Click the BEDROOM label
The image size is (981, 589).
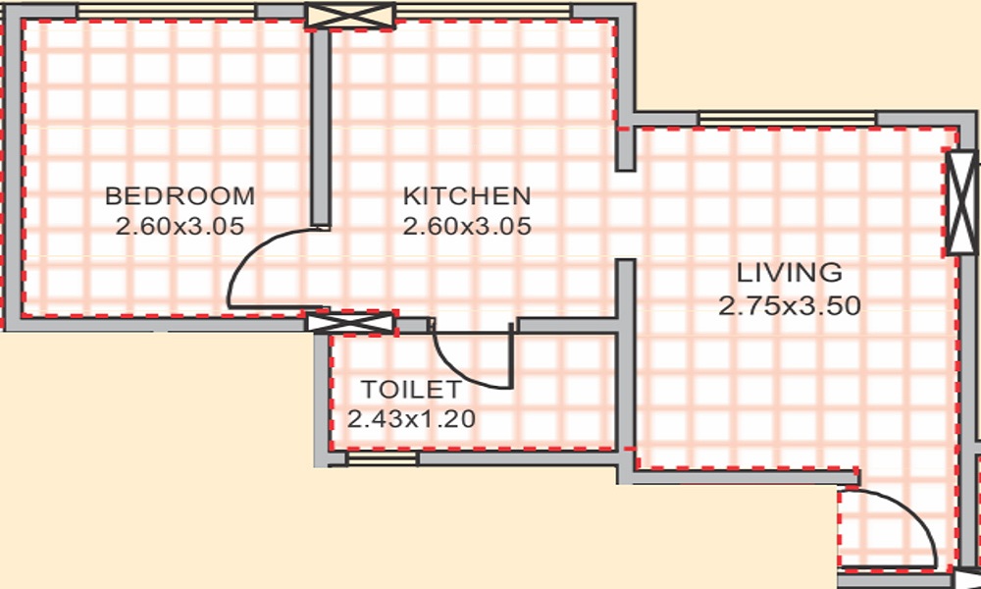[180, 194]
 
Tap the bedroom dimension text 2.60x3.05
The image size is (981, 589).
[180, 227]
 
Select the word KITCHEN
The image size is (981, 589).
[467, 194]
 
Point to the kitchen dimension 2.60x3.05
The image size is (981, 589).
[467, 227]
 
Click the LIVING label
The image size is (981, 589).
[790, 272]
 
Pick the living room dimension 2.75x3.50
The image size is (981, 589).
[790, 306]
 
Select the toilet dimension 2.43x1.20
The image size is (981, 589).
[412, 419]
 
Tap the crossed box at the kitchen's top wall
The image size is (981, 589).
[350, 16]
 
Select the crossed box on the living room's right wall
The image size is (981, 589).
[961, 203]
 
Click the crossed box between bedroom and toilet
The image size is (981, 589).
[350, 322]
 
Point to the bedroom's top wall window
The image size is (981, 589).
[166, 11]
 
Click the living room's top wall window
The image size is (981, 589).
[787, 119]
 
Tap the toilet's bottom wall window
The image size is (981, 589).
[383, 457]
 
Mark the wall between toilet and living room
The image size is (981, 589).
[625, 393]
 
